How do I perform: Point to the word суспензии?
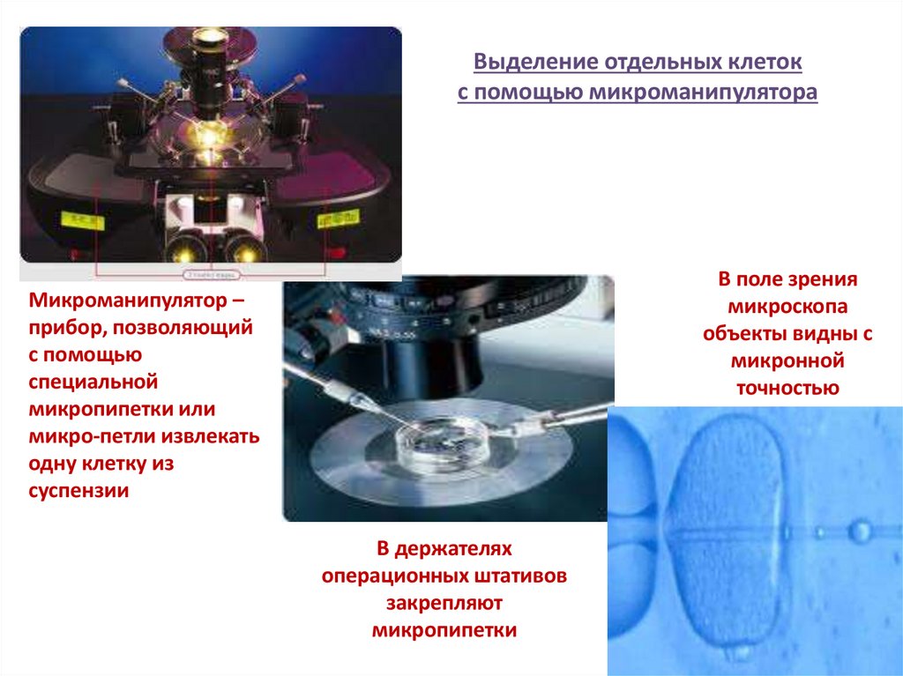pyautogui.click(x=79, y=491)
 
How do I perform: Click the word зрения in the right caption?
pyautogui.click(x=825, y=280)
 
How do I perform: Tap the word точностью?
pyautogui.click(x=787, y=388)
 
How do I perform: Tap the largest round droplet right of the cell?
pyautogui.click(x=858, y=531)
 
